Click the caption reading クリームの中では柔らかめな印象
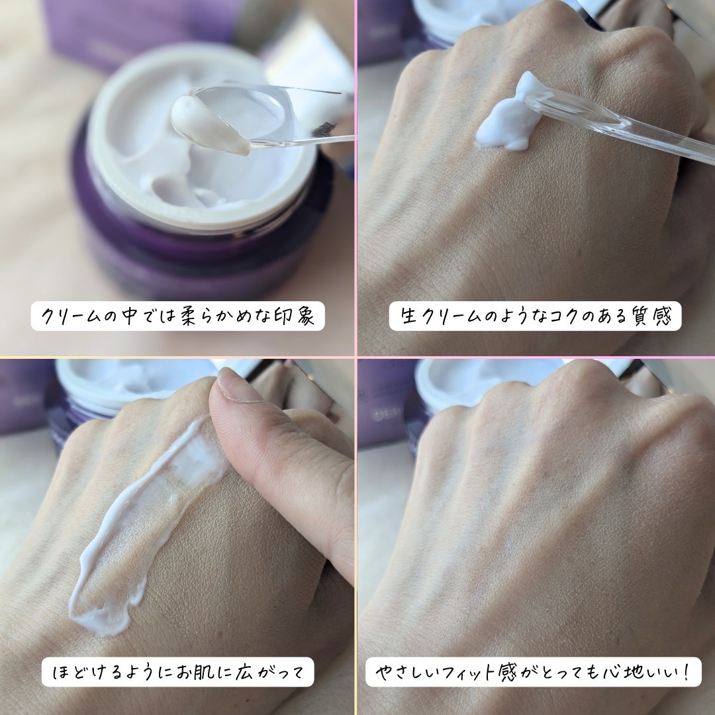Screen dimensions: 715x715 tap(178, 316)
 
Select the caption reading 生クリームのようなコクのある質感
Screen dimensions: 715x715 tap(536, 316)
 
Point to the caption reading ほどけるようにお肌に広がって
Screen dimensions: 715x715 tap(178, 672)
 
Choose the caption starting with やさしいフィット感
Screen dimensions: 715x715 tap(533, 672)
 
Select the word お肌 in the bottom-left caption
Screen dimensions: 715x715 tap(197, 672)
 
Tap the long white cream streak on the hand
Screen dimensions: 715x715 tap(137, 524)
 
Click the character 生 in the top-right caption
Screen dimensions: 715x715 tap(410, 316)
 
